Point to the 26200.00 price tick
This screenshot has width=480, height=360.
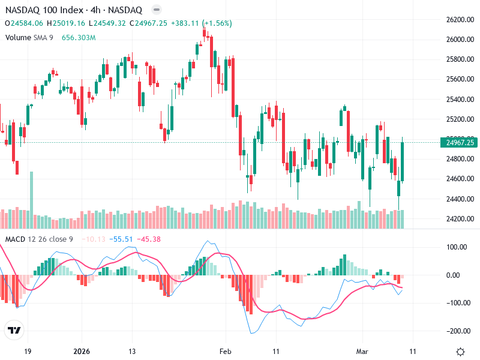460,20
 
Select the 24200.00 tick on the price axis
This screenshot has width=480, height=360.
460,218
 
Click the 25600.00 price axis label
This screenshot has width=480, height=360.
460,79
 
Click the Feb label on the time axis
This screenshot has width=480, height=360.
225,351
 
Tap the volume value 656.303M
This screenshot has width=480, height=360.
79,38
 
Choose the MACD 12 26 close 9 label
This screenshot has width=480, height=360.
40,239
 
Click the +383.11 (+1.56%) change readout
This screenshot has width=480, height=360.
201,23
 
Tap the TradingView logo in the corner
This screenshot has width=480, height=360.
14,330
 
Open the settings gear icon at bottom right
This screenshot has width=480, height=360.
460,352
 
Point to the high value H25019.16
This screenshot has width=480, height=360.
65,23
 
